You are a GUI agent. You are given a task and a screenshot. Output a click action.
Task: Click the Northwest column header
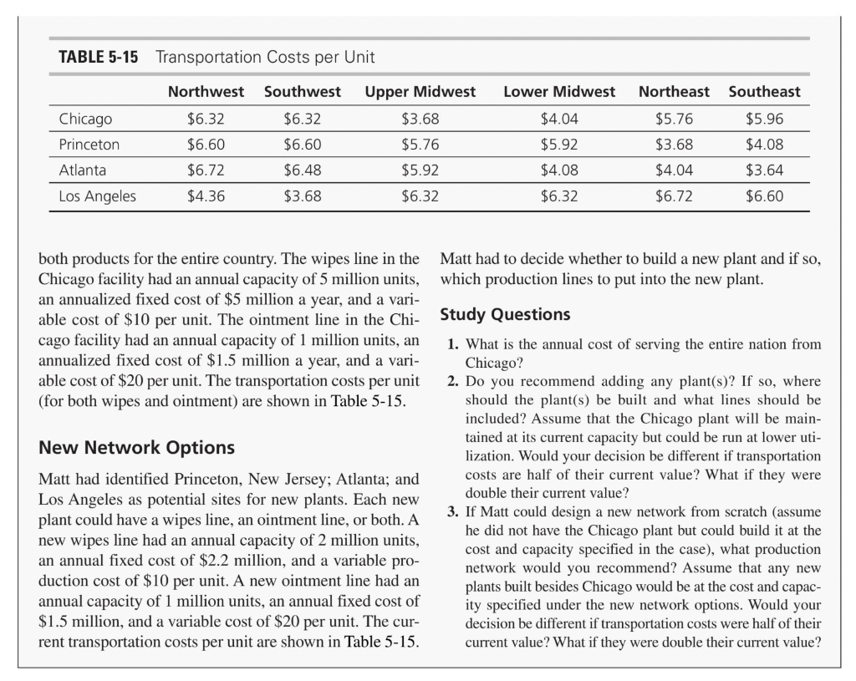click(x=206, y=92)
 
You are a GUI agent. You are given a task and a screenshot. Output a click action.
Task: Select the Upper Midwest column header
click(x=420, y=92)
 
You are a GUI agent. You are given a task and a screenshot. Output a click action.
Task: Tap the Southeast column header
click(x=764, y=92)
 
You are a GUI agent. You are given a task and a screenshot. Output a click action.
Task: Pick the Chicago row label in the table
click(x=85, y=118)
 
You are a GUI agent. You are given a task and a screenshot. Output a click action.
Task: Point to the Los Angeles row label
click(x=97, y=198)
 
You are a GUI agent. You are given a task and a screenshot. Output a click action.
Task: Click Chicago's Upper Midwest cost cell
click(x=420, y=118)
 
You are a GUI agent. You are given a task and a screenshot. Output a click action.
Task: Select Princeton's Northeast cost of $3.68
click(x=674, y=145)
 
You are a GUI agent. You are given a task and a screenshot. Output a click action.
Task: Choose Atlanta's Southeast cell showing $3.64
click(x=764, y=171)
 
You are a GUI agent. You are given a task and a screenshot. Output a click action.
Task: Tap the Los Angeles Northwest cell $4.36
click(x=206, y=198)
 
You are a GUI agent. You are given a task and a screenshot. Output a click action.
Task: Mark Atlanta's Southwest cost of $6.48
click(x=302, y=171)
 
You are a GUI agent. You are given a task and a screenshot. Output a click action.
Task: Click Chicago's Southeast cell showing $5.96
click(x=764, y=118)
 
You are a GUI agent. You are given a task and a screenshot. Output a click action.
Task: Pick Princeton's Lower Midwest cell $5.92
click(x=559, y=145)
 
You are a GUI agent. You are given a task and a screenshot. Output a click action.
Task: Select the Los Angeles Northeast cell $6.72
click(x=674, y=198)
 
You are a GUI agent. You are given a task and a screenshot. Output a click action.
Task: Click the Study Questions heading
click(x=505, y=315)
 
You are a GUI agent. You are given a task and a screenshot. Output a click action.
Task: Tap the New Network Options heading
click(x=137, y=447)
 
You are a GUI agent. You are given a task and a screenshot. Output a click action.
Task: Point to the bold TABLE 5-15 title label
click(x=98, y=58)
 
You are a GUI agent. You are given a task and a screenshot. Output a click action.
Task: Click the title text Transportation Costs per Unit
click(x=265, y=58)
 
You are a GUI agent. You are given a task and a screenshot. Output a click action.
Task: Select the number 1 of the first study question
click(x=452, y=344)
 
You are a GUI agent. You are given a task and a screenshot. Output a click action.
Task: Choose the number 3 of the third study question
click(x=452, y=511)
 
